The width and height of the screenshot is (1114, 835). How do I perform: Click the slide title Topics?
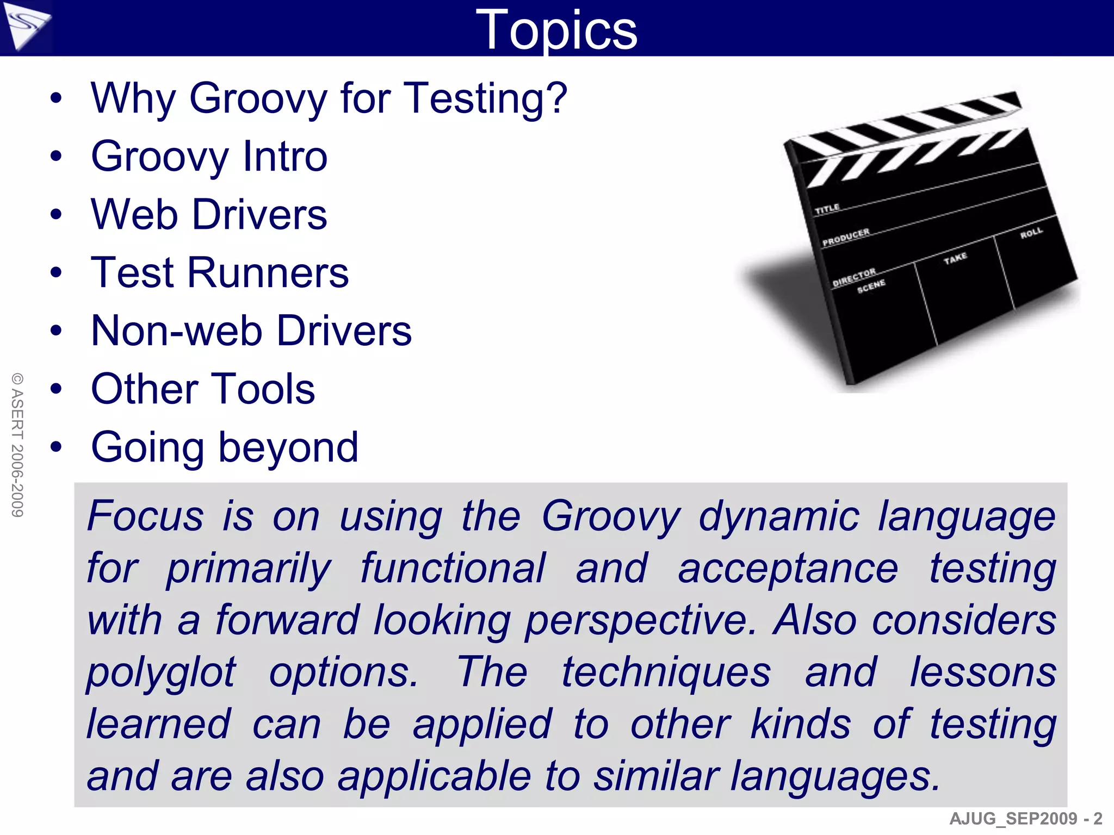pos(556,30)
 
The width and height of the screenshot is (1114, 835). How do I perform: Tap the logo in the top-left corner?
pos(26,26)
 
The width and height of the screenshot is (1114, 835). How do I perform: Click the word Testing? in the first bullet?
pos(486,98)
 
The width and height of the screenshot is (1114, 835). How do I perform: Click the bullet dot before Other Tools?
pos(56,389)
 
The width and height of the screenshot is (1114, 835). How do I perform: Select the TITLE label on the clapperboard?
pos(827,209)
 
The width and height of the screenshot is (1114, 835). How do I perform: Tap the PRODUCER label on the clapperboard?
pos(845,237)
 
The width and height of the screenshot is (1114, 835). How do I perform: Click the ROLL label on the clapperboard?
pos(1031,233)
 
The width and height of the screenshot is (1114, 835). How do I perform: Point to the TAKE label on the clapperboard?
pos(955,258)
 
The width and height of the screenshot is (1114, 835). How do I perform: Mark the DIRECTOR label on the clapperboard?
pos(854,277)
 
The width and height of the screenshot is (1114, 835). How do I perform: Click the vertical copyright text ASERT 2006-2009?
pos(17,445)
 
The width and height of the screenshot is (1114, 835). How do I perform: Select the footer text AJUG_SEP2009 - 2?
pos(1026,818)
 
